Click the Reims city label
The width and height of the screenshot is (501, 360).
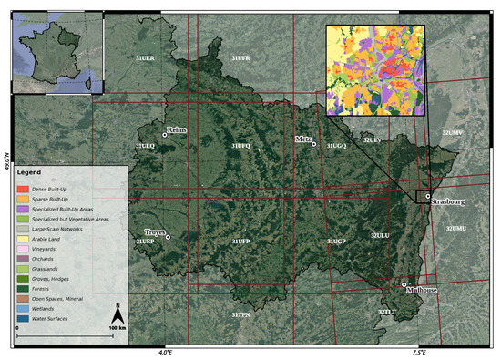tap(177, 129)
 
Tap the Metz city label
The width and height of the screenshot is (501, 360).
tap(303, 139)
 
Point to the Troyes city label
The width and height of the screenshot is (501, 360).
tap(155, 232)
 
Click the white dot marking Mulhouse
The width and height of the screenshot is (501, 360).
tap(404, 285)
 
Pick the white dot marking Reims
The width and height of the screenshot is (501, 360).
tap(165, 135)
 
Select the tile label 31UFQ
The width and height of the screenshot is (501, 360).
tap(240, 146)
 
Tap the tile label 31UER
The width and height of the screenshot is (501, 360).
tap(144, 58)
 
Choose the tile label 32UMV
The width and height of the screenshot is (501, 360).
tap(452, 133)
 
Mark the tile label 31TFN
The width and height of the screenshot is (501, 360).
tap(240, 314)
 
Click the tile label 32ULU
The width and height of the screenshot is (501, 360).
tap(380, 235)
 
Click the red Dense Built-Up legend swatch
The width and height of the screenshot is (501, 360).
tap(22, 188)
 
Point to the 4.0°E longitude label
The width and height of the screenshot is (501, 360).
tap(164, 352)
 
